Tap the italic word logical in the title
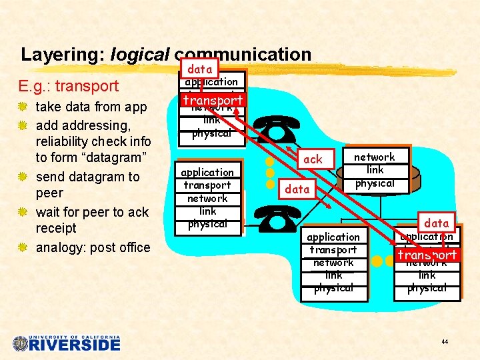141,55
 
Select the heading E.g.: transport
69,86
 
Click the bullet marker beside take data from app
25,107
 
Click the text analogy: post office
93,247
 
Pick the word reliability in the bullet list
69,141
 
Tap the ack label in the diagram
312,159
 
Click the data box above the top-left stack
199,69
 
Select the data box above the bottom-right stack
437,223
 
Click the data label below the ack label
297,189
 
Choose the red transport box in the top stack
213,100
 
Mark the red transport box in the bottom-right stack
427,255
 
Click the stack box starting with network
374,170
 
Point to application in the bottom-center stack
333,237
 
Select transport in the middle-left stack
207,185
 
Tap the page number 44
445,342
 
